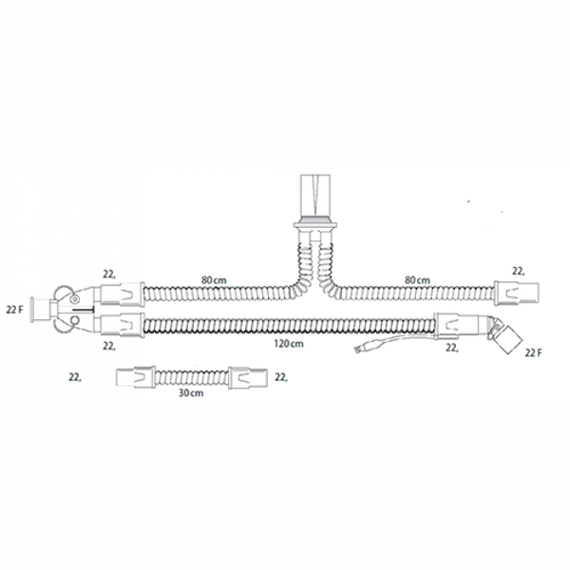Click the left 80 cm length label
pos(214,280)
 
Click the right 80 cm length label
pos(417,280)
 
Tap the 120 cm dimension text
pos(289,344)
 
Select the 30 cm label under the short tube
pos(191,393)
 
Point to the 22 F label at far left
pos(14,310)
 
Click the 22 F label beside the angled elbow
pos(533,352)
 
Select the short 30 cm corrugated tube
pos(192,378)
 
